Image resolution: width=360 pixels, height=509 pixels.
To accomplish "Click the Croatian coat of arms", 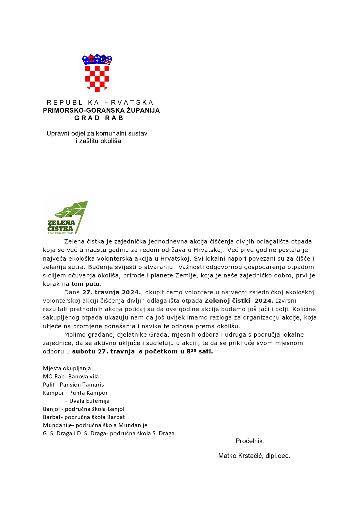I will tap(97, 73).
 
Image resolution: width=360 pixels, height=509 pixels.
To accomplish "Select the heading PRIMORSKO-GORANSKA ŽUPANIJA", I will tap(101, 111).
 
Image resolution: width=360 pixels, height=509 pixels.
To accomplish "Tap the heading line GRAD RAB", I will tap(99, 118).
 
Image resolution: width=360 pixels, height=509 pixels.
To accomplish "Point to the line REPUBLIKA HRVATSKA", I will tap(100, 103).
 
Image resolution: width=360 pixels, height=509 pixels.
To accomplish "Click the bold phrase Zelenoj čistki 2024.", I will tap(239, 301).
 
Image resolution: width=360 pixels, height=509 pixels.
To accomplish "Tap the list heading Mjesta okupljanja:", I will tap(68, 369).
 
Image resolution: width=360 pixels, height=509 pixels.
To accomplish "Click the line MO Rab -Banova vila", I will tap(71, 377).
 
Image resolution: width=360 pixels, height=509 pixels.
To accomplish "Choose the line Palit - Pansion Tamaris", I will tap(73, 385).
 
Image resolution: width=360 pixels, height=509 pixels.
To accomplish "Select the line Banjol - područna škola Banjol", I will tap(84, 409).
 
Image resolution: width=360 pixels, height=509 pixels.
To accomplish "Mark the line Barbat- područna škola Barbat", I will tap(84, 417).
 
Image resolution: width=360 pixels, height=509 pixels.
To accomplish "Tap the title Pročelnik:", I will tap(250, 441).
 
